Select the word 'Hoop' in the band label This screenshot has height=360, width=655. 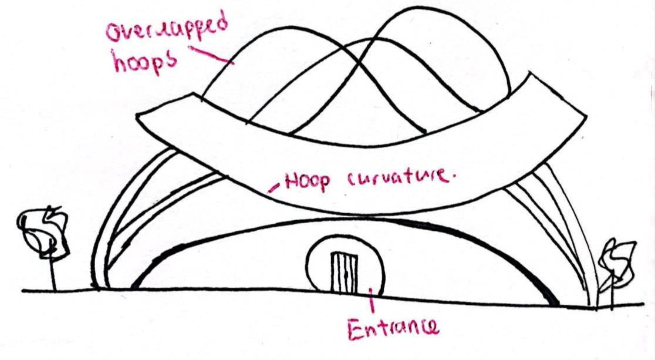click(306, 181)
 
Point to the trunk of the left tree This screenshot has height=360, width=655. click(53, 274)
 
